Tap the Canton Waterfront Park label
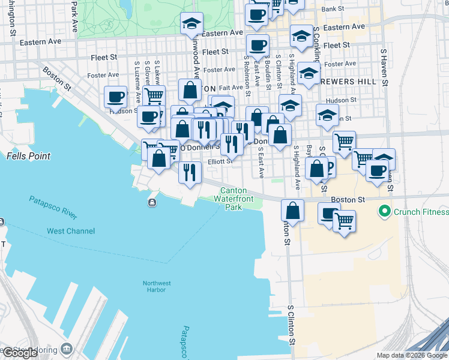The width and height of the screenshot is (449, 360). tap(233, 199)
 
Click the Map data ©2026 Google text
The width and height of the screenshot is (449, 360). tap(412, 355)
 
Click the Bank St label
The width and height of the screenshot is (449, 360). tap(333, 9)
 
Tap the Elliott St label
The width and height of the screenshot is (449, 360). tap(220, 161)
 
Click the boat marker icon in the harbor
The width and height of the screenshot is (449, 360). tap(152, 202)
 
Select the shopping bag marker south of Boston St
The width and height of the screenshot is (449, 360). tap(292, 211)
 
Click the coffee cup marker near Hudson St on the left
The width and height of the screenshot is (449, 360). tap(115, 97)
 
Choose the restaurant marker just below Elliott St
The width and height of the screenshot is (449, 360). tap(190, 172)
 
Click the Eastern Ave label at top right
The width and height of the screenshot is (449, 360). tap(345, 27)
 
